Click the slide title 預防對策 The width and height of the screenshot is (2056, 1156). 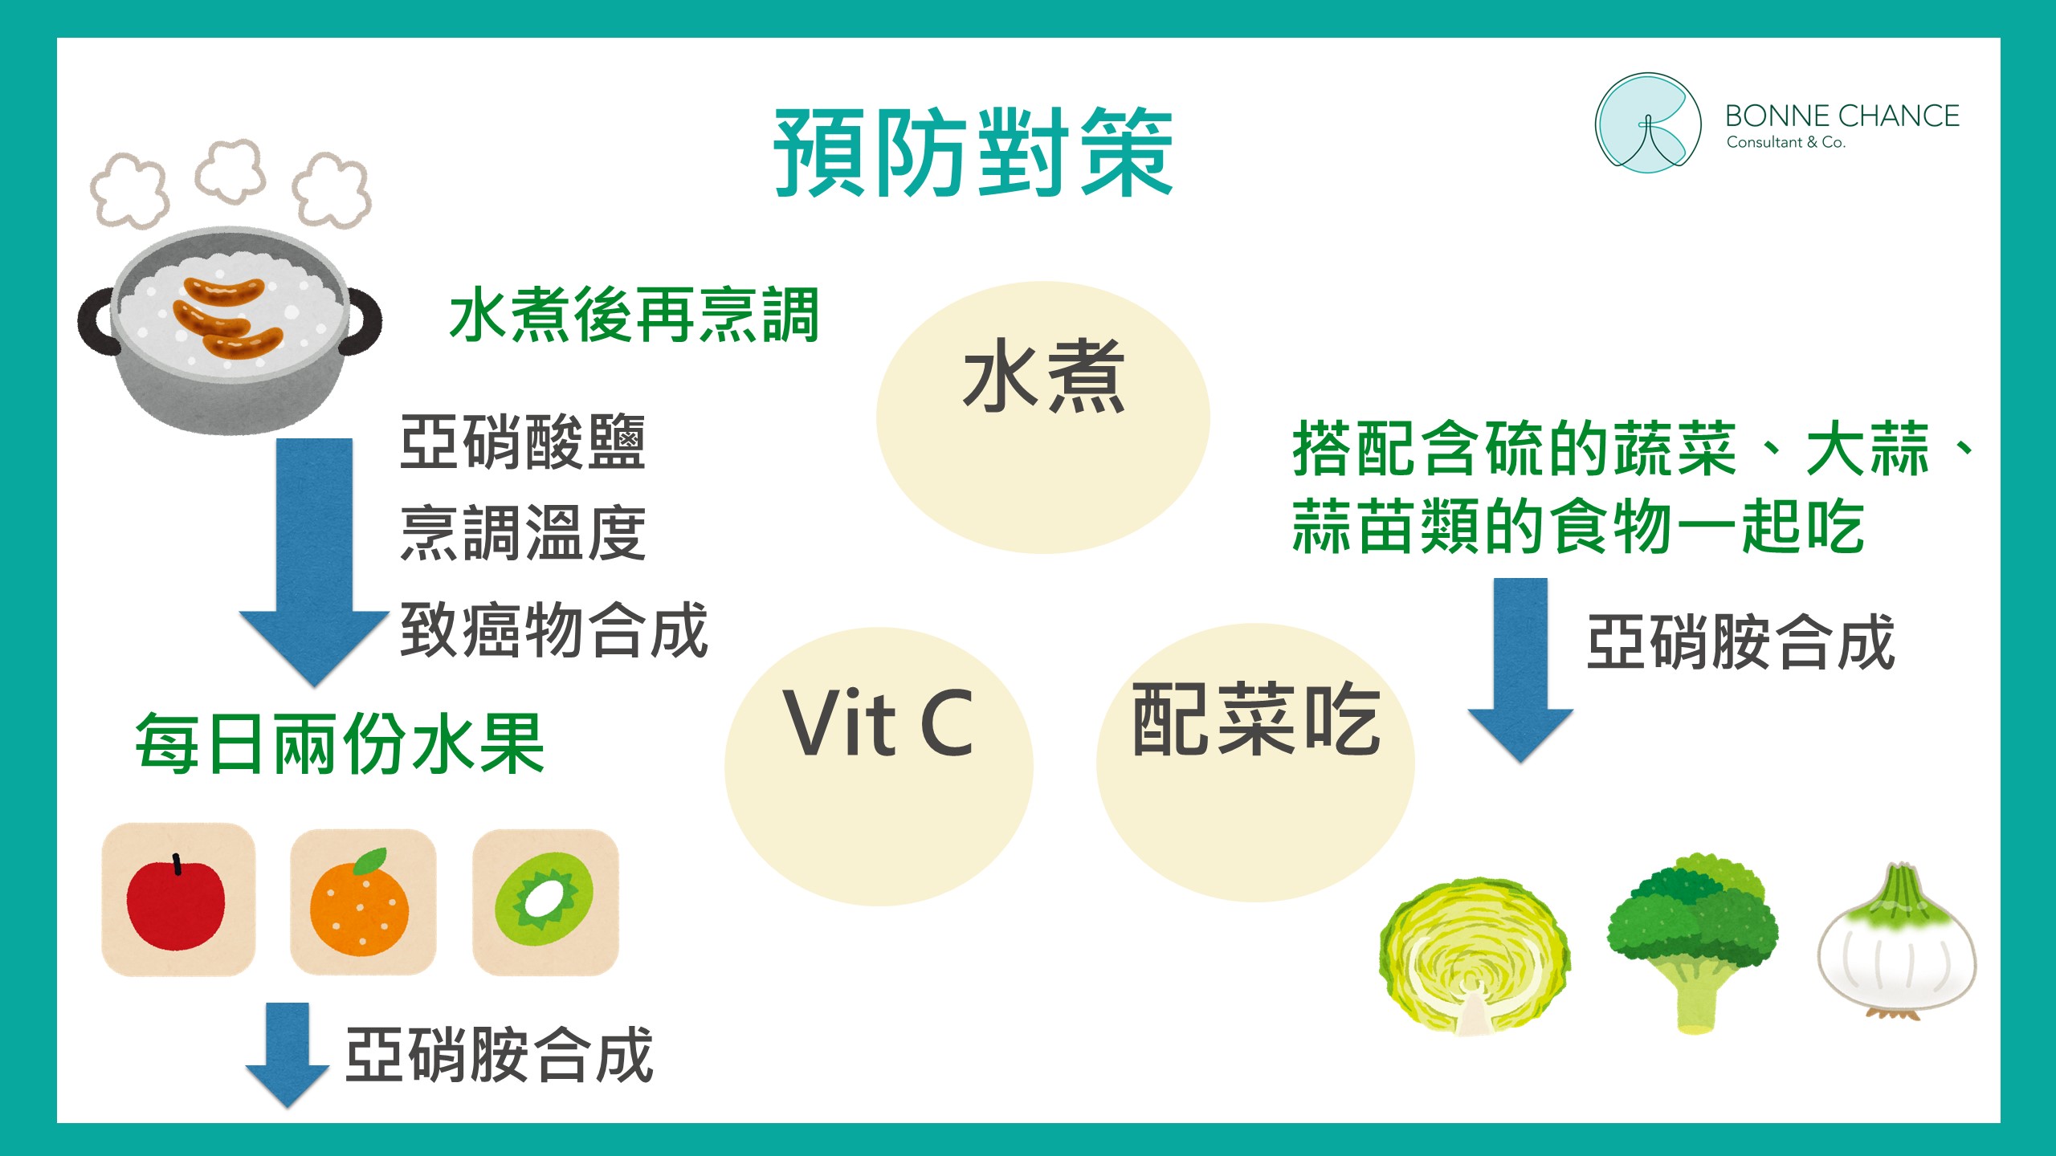973,153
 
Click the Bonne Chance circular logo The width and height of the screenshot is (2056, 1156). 1647,123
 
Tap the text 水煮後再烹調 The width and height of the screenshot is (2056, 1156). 634,315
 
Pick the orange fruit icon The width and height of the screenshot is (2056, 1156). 361,902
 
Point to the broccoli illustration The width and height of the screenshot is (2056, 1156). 1692,944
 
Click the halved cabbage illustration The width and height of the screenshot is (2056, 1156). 1475,955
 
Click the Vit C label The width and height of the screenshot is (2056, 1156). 878,723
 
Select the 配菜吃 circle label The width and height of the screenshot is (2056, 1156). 1256,719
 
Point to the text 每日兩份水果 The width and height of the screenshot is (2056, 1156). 341,744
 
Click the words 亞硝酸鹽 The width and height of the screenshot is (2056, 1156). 523,442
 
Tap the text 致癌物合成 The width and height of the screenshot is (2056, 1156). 554,630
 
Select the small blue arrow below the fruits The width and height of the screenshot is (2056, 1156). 288,1054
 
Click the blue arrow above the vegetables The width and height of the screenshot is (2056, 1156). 1520,670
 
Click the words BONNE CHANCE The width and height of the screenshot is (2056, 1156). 1842,116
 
